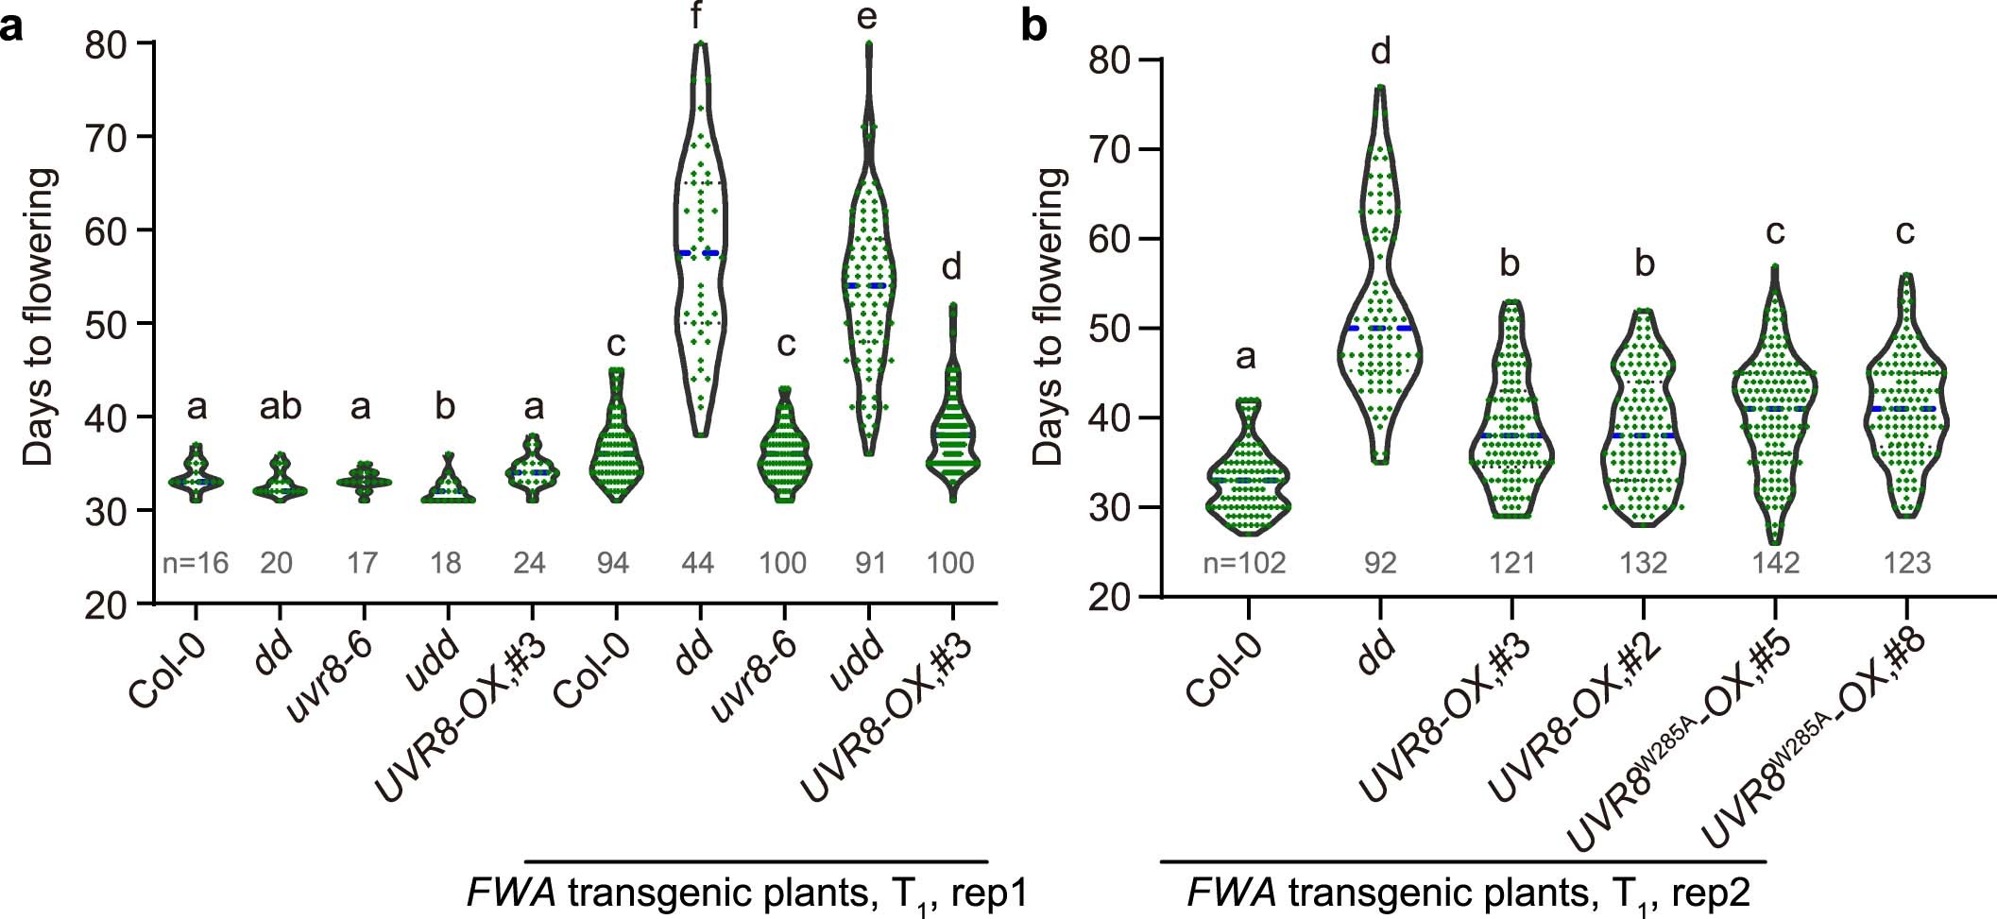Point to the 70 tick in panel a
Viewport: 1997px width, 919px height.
(111, 137)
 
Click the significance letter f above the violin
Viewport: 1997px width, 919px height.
(700, 17)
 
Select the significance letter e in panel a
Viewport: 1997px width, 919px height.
(867, 17)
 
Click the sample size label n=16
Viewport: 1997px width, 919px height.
(196, 564)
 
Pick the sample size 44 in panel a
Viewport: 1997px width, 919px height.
(699, 564)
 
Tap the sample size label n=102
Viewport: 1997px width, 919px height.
(1245, 564)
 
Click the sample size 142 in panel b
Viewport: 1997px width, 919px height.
(1774, 564)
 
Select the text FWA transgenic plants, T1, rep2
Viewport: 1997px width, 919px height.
(1467, 893)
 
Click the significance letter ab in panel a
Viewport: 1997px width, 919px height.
(280, 407)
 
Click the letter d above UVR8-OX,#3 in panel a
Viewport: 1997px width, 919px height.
(951, 267)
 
